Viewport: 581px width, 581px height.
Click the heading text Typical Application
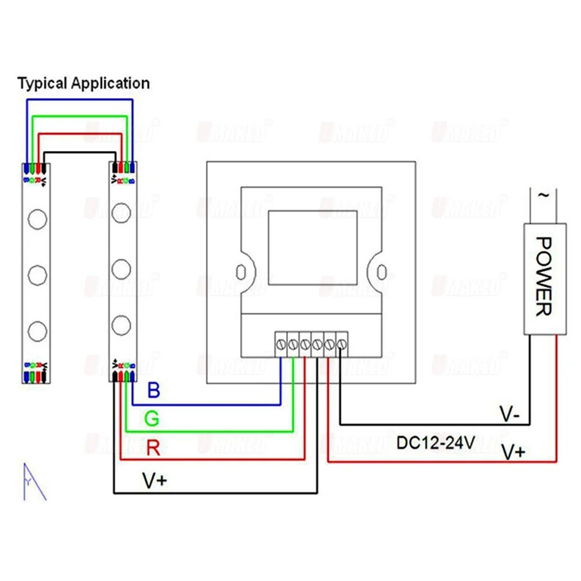[x=83, y=83]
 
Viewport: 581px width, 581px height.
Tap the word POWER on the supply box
[x=543, y=276]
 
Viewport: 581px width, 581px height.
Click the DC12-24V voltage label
[x=436, y=443]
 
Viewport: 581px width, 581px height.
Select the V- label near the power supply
[x=509, y=413]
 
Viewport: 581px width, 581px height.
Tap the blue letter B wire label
[x=154, y=390]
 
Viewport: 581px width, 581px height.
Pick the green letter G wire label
[x=152, y=420]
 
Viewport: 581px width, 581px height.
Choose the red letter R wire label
[x=153, y=447]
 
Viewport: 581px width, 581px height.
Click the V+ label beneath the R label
[x=155, y=481]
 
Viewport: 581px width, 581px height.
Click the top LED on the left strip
[x=37, y=219]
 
